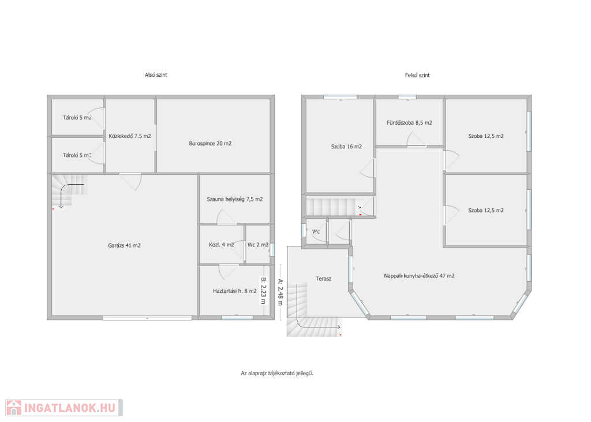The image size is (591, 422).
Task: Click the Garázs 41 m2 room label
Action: pos(125,245)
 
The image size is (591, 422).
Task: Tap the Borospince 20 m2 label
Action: pos(210,144)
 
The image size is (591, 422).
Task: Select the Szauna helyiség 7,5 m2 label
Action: pos(235,199)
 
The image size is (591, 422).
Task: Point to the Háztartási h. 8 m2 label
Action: pos(234,291)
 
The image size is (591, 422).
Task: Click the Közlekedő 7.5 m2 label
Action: pos(130,136)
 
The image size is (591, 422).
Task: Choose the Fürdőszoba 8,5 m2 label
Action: pos(409,123)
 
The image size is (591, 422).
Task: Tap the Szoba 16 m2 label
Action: pos(346,147)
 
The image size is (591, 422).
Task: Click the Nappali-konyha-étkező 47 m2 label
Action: pos(419,276)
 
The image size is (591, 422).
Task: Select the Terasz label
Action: pos(323,279)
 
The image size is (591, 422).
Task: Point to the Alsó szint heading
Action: pos(156,75)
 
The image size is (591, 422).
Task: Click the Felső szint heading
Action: pos(417,76)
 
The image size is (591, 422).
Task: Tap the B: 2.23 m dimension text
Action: pos(263,291)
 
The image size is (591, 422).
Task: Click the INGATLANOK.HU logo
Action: pos(64,408)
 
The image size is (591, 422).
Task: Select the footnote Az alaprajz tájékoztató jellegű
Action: pos(277,374)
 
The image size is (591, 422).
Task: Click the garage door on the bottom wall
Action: pos(147,318)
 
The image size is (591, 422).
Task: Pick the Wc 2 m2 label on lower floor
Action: pos(258,245)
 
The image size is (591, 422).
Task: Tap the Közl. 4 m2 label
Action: pos(221,245)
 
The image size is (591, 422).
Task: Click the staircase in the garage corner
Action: pos(69,192)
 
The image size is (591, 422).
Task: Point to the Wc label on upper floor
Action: pos(316,231)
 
